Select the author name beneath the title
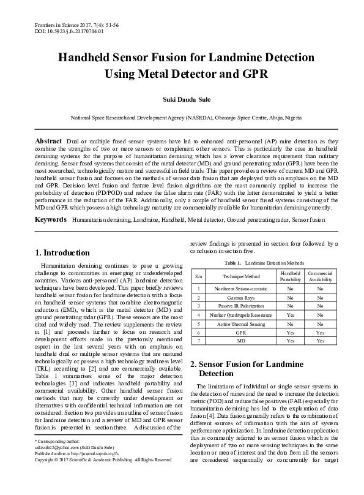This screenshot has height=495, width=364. (x=182, y=98)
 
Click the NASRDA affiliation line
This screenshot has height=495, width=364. (x=182, y=116)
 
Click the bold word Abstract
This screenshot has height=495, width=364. (x=48, y=140)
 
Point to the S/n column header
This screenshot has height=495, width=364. (x=198, y=276)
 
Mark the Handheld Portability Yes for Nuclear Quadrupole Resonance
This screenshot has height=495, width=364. (x=290, y=314)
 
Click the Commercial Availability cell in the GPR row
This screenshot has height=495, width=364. (x=320, y=331)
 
